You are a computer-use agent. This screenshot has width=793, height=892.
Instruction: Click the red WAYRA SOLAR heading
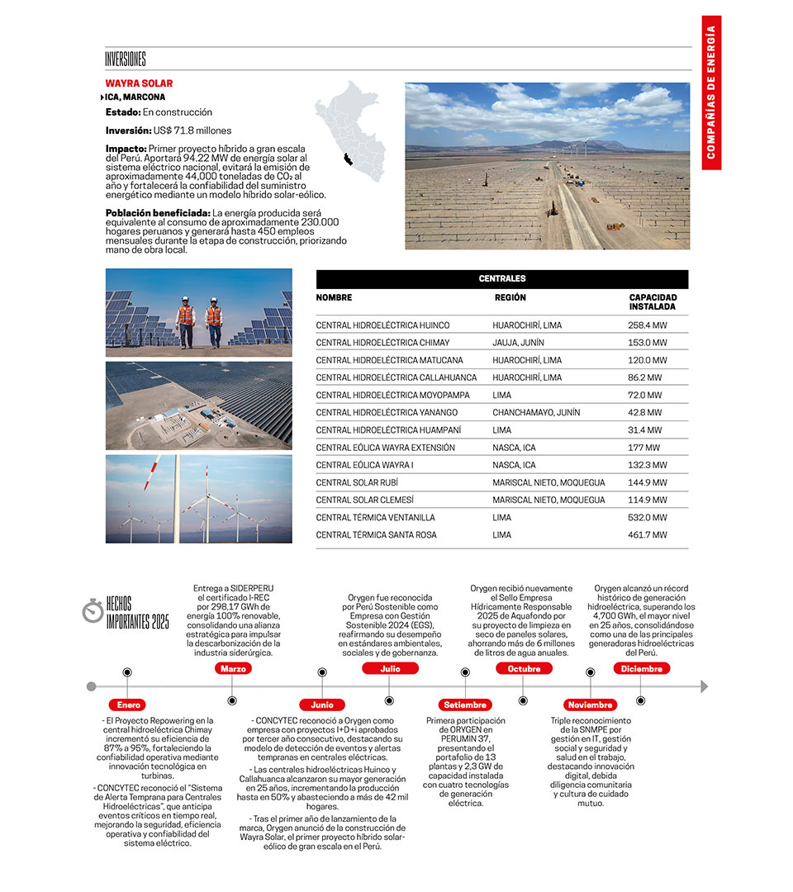139,83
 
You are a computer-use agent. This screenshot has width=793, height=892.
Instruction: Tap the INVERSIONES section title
126,59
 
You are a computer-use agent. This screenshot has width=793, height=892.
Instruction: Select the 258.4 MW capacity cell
647,325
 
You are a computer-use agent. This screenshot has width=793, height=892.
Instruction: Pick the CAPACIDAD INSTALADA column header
653,301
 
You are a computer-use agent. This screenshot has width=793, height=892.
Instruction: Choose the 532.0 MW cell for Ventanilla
647,518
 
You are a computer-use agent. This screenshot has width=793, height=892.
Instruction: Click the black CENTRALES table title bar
501,279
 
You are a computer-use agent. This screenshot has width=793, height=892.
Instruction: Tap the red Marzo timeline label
233,669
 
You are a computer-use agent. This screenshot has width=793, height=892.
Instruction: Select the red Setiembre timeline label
465,705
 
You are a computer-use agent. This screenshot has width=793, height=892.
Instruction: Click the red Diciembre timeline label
642,669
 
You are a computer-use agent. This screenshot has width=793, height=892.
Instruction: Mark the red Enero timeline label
129,705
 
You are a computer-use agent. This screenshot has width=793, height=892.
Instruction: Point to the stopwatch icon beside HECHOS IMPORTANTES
93,612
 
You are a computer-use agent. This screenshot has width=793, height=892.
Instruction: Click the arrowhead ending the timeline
704,686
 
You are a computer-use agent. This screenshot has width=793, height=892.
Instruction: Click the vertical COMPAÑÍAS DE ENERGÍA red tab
711,93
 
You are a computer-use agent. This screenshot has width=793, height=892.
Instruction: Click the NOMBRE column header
334,297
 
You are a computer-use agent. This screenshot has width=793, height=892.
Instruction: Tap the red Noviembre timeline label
591,705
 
